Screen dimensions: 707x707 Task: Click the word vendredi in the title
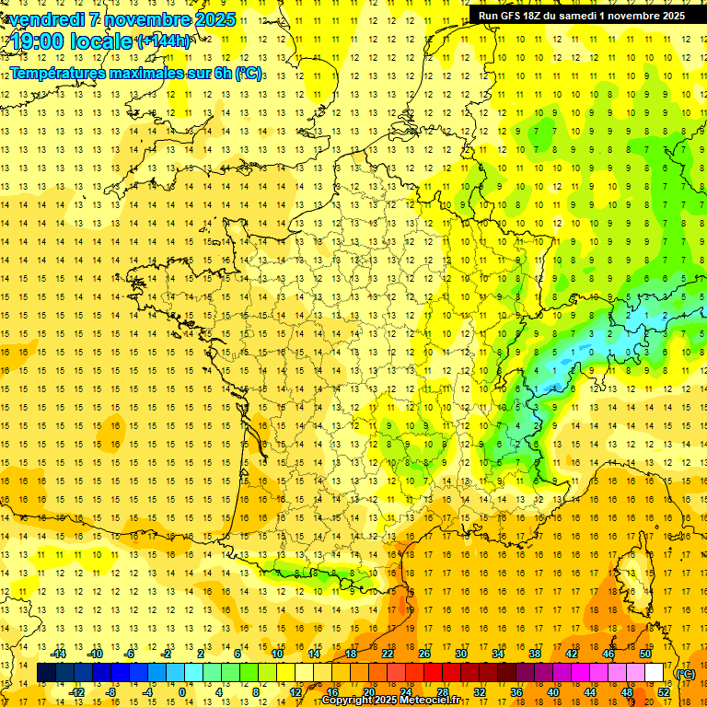point(42,18)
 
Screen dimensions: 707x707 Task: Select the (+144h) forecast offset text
point(164,41)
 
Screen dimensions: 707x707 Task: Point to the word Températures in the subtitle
point(61,72)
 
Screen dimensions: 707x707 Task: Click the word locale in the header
point(102,41)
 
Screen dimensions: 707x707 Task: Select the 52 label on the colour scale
point(663,692)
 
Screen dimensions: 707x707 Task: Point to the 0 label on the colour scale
point(181,692)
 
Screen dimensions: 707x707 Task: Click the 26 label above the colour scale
point(424,654)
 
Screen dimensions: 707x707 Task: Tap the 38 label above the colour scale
point(535,654)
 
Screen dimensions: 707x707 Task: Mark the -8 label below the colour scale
point(111,692)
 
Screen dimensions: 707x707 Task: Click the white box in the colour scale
point(654,673)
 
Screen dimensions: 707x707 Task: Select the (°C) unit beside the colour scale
point(685,673)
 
